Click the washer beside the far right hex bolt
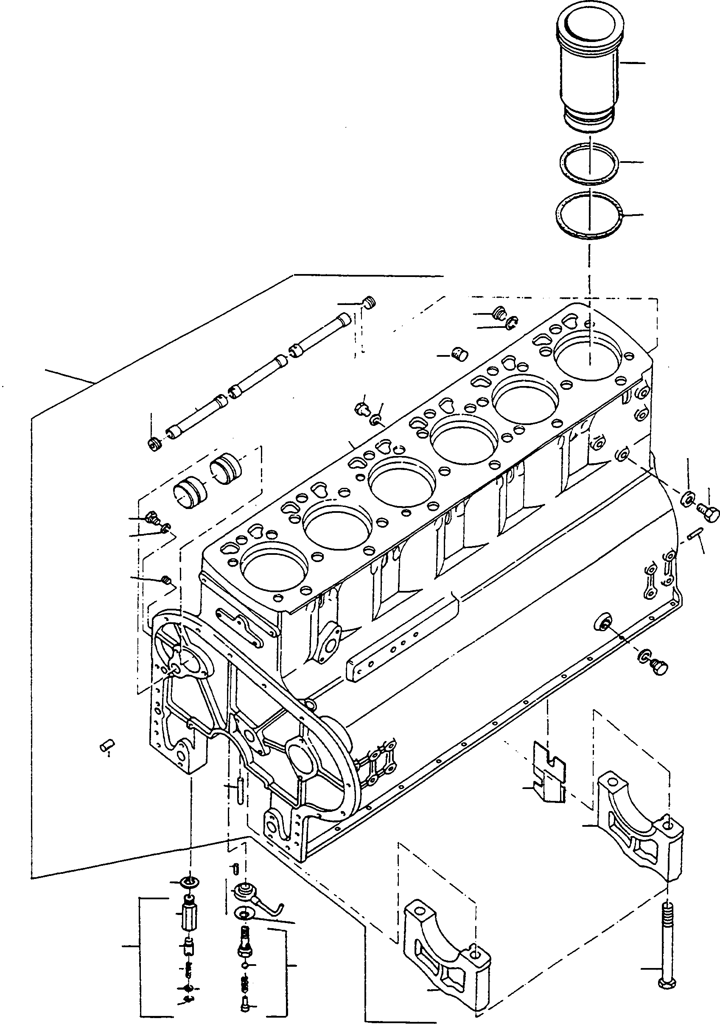(687, 498)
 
